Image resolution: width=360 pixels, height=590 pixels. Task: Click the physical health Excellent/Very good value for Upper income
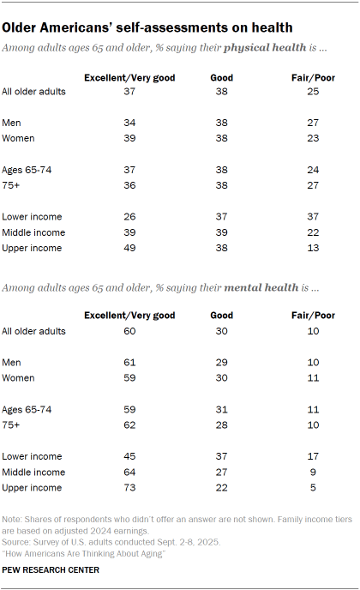pyautogui.click(x=129, y=248)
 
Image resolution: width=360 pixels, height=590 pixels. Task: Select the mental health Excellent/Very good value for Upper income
pyautogui.click(x=129, y=488)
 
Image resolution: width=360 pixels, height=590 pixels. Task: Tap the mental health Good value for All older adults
pyautogui.click(x=221, y=331)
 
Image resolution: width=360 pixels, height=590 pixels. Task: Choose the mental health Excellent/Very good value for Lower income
pyautogui.click(x=129, y=455)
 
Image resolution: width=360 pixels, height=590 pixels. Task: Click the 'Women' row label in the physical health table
pyautogui.click(x=19, y=137)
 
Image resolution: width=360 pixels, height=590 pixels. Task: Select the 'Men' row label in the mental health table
pyautogui.click(x=13, y=362)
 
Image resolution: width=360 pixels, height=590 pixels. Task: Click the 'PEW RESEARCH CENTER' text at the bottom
pyautogui.click(x=51, y=569)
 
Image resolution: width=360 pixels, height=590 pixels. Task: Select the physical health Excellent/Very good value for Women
pyautogui.click(x=129, y=137)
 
